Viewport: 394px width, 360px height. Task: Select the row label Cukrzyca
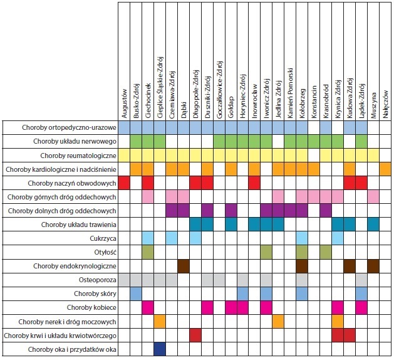(x=100, y=238)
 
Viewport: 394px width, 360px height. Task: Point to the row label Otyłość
(x=103, y=252)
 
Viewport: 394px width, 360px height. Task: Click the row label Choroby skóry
(x=94, y=293)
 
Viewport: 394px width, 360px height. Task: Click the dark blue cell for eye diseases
(x=160, y=349)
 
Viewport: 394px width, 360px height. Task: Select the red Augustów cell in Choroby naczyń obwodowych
(x=124, y=183)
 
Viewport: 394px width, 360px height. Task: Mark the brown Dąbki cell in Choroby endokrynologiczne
(x=184, y=266)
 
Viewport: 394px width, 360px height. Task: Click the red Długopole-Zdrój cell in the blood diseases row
(x=195, y=335)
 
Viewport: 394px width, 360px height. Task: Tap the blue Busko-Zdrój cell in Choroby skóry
(x=136, y=293)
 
